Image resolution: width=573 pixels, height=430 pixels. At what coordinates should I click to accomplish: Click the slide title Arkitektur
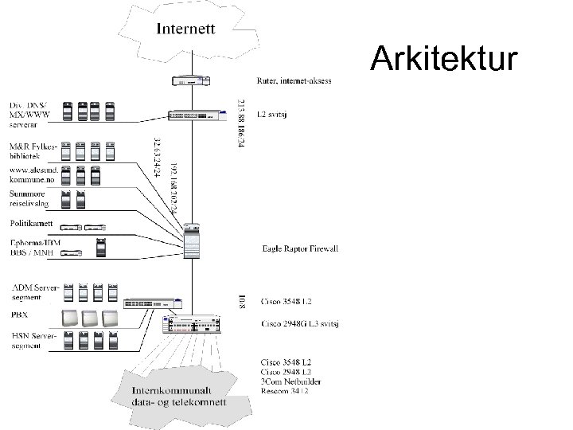pos(445,58)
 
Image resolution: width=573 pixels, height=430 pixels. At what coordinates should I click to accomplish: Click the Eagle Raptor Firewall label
pos(300,249)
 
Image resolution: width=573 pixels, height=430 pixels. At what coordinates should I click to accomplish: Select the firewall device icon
pos(193,240)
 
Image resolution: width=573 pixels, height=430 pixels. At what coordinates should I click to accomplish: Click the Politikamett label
pos(31,223)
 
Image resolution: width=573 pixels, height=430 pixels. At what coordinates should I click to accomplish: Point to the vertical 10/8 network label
pos(242,301)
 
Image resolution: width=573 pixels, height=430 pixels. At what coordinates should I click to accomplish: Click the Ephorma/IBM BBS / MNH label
pos(34,248)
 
